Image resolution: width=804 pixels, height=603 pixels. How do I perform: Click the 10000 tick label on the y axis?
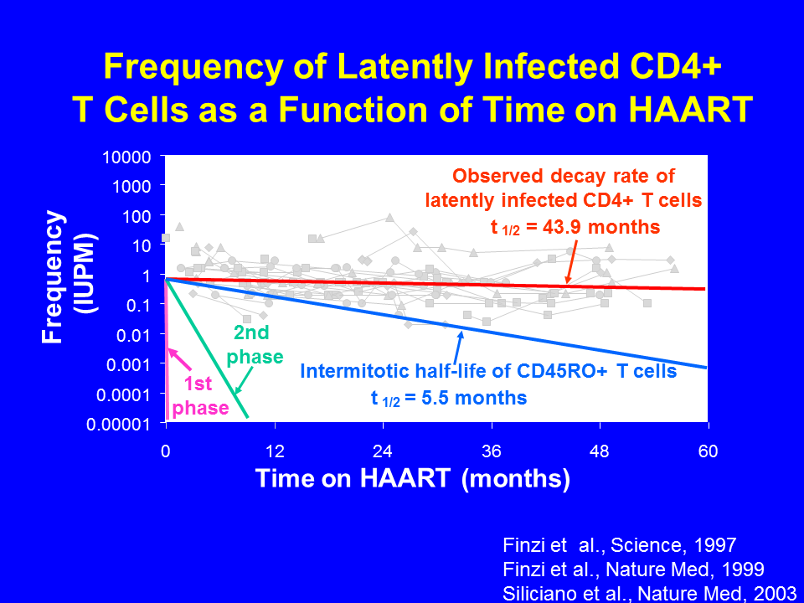coord(126,157)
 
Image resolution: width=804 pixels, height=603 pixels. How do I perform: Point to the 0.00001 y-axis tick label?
coord(118,425)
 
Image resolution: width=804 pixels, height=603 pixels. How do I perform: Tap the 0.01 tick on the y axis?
coord(162,334)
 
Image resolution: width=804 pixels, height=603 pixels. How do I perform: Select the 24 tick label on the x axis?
coord(383,451)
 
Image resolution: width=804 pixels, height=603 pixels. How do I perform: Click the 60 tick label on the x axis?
coord(709,451)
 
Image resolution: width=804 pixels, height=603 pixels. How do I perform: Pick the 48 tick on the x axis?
coord(600,425)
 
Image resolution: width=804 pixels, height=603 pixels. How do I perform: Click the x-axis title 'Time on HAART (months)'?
coord(413,478)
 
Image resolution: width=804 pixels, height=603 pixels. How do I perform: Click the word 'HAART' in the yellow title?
coord(691,109)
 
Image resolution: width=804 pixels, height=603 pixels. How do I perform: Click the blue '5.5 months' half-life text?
coord(474,397)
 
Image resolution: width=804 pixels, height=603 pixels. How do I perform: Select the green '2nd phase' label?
coord(255,344)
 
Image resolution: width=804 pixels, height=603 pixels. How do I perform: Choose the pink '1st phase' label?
coord(200,396)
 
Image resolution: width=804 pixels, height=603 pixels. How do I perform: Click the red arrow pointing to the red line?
coord(571,261)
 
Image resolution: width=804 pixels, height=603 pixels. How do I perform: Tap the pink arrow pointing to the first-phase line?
coord(179,359)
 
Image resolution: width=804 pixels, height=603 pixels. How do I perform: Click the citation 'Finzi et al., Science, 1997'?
coord(620,545)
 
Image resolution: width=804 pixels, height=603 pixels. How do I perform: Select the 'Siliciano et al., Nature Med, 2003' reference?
coord(649,593)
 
